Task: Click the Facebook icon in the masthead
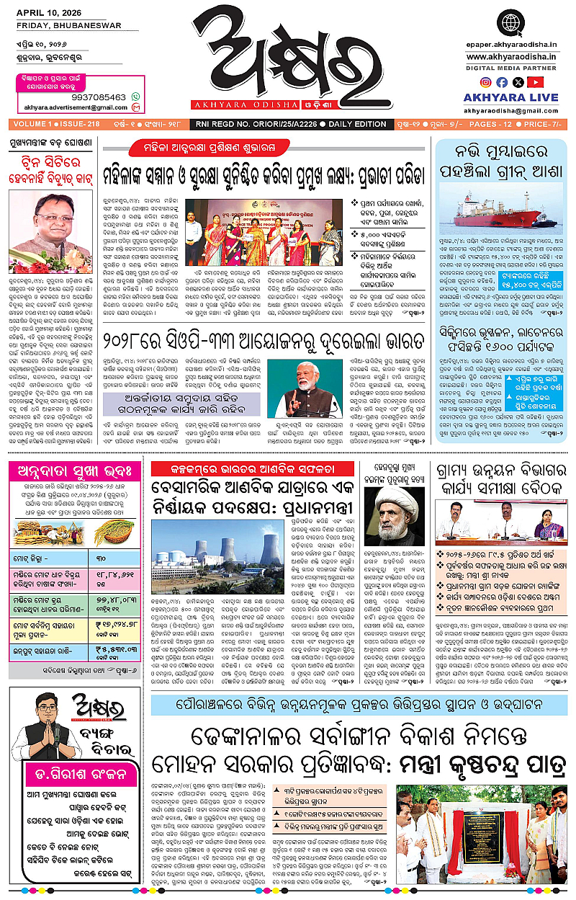(x=501, y=82)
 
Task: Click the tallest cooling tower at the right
(x=271, y=549)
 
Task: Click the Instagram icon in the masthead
(x=486, y=82)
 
